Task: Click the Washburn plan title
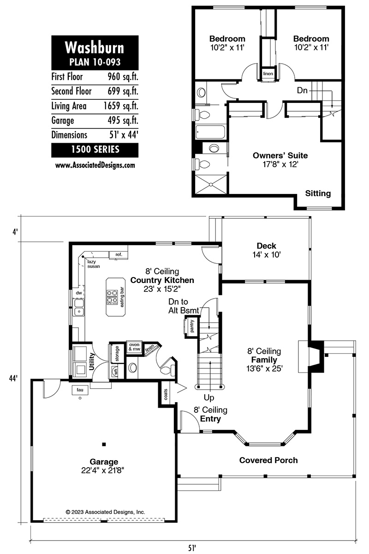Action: pyautogui.click(x=95, y=48)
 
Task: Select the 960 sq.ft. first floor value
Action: pyautogui.click(x=123, y=77)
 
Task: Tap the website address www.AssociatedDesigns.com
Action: pyautogui.click(x=95, y=165)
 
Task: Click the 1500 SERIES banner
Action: pyautogui.click(x=95, y=150)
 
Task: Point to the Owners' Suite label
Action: pyautogui.click(x=280, y=156)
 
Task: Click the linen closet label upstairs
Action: pyautogui.click(x=268, y=73)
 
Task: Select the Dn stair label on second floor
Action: pyautogui.click(x=302, y=90)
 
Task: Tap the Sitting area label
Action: pyautogui.click(x=318, y=193)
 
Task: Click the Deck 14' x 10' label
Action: pyautogui.click(x=267, y=250)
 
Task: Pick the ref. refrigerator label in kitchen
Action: pyautogui.click(x=119, y=254)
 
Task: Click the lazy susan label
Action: pyautogui.click(x=94, y=264)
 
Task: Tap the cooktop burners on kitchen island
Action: pyautogui.click(x=112, y=297)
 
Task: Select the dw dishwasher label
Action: pyautogui.click(x=79, y=293)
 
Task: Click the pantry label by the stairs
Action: pyautogui.click(x=192, y=326)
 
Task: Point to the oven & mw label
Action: pyautogui.click(x=134, y=347)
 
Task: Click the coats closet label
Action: pyautogui.click(x=166, y=394)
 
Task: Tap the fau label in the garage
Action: pyautogui.click(x=80, y=390)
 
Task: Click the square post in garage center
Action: pyautogui.click(x=104, y=445)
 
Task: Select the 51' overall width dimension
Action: pyautogui.click(x=192, y=548)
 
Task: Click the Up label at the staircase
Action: pyautogui.click(x=209, y=398)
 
